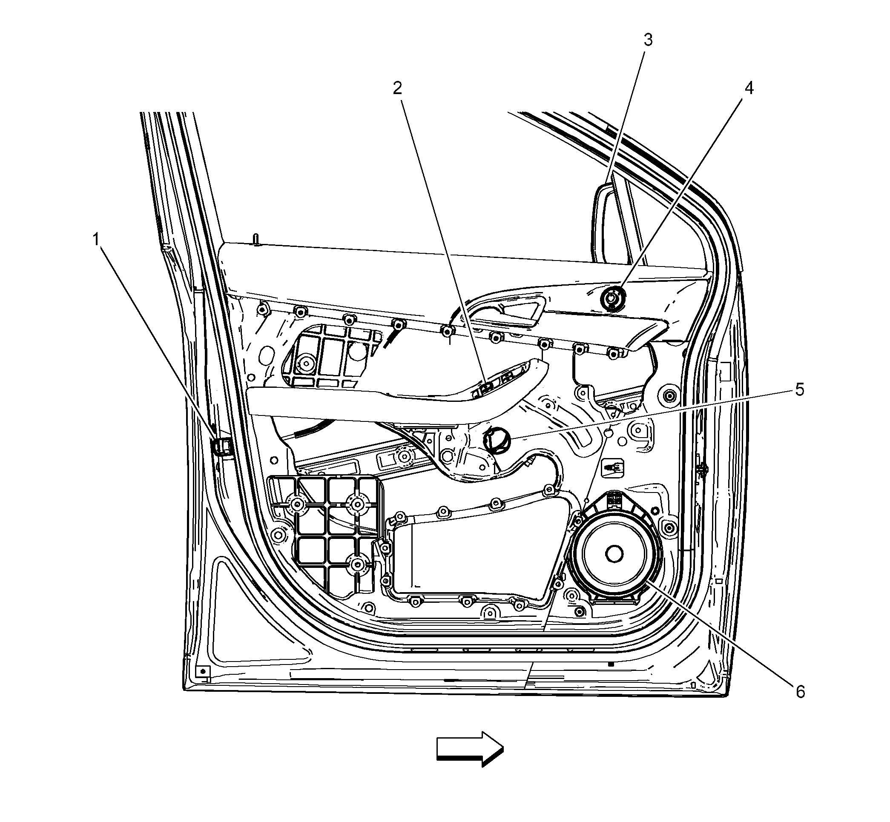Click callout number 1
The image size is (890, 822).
(x=96, y=240)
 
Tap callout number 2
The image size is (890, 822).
(x=397, y=88)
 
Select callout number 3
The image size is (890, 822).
(x=649, y=40)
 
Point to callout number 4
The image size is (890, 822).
(x=749, y=88)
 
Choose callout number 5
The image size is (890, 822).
(x=800, y=390)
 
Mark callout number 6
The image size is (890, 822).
(x=801, y=692)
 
